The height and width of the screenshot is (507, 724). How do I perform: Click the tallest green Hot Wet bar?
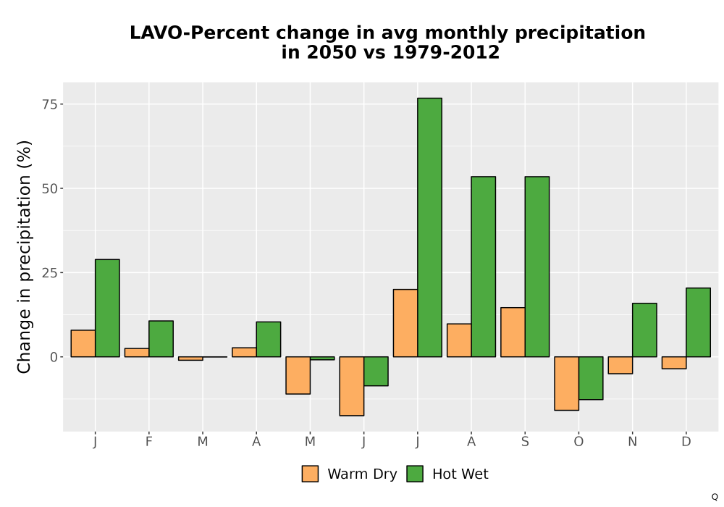pyautogui.click(x=429, y=227)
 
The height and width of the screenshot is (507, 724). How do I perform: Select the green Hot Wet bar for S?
pyautogui.click(x=537, y=267)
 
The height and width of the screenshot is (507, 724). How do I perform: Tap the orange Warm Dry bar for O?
pyautogui.click(x=567, y=383)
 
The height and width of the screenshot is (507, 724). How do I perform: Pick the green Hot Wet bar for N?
pyautogui.click(x=644, y=330)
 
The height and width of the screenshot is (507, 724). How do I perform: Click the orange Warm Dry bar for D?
pyautogui.click(x=674, y=362)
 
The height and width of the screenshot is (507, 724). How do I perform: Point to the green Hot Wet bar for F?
pyautogui.click(x=161, y=338)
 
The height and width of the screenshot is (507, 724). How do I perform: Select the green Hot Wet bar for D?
pyautogui.click(x=698, y=322)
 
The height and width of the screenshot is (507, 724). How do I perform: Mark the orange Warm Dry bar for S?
pyautogui.click(x=513, y=332)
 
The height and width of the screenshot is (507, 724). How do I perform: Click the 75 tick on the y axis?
pyautogui.click(x=51, y=104)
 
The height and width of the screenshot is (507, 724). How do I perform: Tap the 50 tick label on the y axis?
pyautogui.click(x=51, y=188)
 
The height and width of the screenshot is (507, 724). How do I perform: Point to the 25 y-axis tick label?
pyautogui.click(x=51, y=273)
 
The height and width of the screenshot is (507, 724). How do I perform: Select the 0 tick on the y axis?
pyautogui.click(x=54, y=357)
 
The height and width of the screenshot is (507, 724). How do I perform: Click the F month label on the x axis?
pyautogui.click(x=148, y=442)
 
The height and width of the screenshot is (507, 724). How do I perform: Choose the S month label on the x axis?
pyautogui.click(x=525, y=442)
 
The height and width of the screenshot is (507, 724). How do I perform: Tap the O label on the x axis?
pyautogui.click(x=578, y=442)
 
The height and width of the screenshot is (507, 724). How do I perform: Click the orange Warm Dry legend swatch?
pyautogui.click(x=311, y=474)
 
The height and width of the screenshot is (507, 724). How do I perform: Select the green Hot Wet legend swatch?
pyautogui.click(x=415, y=474)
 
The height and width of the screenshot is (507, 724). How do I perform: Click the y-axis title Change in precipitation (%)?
pyautogui.click(x=24, y=256)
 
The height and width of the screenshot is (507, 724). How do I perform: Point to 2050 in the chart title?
pyautogui.click(x=332, y=52)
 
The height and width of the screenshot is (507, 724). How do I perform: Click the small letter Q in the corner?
pyautogui.click(x=715, y=497)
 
